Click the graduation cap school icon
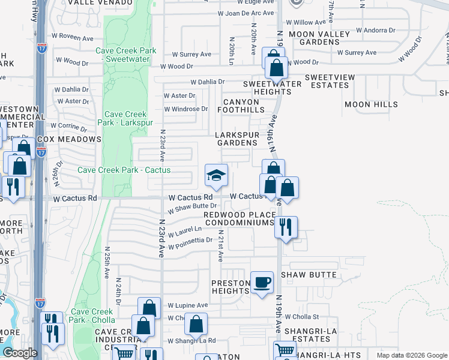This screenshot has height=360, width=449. [216, 176]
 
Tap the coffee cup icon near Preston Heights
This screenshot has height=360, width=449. [262, 283]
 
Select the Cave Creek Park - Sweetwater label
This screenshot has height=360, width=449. [126, 56]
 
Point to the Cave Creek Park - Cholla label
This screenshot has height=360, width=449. [92, 316]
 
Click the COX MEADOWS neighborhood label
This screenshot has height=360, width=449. [69, 139]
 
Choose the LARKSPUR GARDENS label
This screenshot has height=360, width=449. [238, 139]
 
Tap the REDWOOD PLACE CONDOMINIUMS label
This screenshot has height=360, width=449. [240, 218]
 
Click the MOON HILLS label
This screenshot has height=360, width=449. [371, 104]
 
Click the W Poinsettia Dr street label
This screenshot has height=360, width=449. [190, 243]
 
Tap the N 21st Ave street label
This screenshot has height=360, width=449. [220, 246]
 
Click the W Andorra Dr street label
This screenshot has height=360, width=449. [376, 29]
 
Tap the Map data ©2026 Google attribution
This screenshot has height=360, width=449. [411, 355]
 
